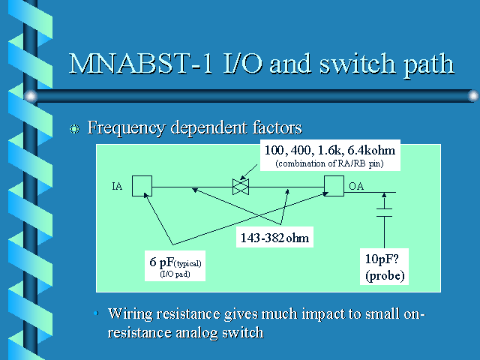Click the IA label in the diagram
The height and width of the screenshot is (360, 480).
[117, 186]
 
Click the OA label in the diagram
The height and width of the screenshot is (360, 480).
[356, 186]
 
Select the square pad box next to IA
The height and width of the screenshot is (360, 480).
[142, 186]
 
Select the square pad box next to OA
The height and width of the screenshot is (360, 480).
[334, 186]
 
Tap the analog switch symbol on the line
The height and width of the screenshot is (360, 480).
[241, 187]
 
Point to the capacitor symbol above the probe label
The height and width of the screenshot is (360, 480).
[384, 213]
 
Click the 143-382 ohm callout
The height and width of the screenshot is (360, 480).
[274, 238]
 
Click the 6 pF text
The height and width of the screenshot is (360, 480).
[160, 262]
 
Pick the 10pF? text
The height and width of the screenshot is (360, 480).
[382, 259]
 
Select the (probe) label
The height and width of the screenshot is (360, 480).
[385, 275]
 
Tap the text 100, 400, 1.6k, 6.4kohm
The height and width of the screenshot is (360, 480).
[330, 150]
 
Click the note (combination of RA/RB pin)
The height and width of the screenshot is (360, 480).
[330, 163]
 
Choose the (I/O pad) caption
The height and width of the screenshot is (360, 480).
[175, 274]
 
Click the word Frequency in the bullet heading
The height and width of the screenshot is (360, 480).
[127, 127]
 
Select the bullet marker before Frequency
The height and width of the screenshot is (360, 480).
[74, 128]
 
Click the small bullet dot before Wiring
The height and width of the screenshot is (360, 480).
[96, 313]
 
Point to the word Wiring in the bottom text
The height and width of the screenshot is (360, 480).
[130, 314]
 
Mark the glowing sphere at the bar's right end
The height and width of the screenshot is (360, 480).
[473, 96]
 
